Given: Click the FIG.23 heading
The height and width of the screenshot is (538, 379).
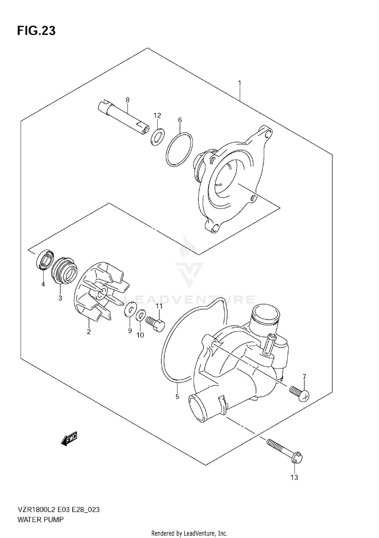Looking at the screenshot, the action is [x=36, y=31].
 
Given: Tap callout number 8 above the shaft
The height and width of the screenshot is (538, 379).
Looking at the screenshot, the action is [x=128, y=100].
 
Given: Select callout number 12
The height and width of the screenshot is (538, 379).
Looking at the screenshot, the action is [x=157, y=115].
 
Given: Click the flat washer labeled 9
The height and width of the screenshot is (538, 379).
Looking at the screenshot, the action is [x=130, y=309].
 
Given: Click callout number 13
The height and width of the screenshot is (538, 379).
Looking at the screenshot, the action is [x=294, y=477].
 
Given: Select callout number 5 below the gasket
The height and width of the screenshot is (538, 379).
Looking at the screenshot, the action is [x=177, y=397].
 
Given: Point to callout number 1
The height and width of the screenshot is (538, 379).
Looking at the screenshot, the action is [x=240, y=83].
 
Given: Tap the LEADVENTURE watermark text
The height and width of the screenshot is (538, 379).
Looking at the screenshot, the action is [x=189, y=300].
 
